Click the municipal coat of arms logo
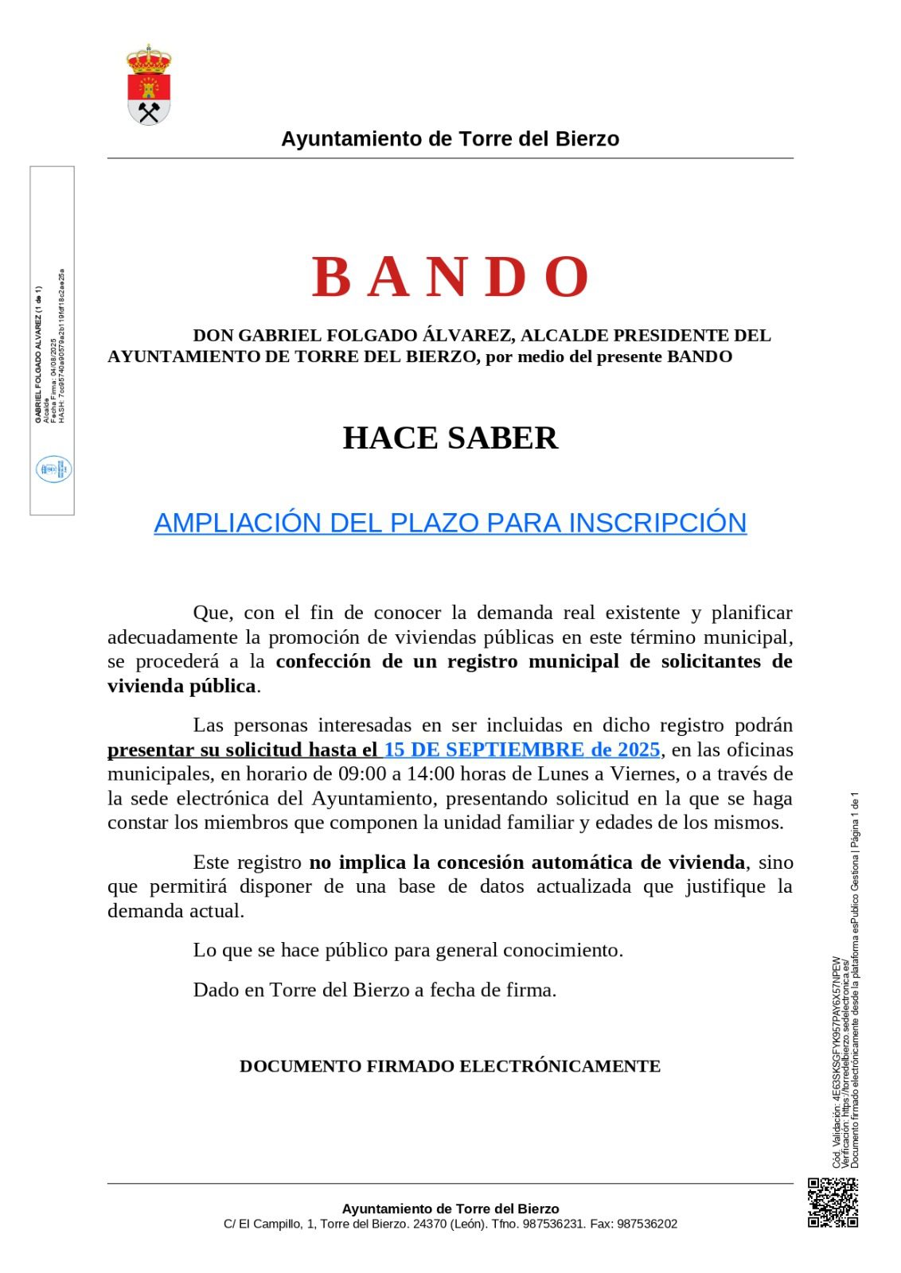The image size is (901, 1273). click(149, 86)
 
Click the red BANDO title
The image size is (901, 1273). click(450, 277)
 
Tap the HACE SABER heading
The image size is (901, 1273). click(450, 438)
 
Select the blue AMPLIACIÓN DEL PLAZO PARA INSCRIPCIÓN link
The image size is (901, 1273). click(450, 523)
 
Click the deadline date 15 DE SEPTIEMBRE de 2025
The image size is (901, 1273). click(522, 749)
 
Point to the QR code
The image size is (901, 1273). click(833, 1202)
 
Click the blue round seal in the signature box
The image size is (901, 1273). click(53, 469)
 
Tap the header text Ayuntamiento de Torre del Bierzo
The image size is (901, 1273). click(450, 139)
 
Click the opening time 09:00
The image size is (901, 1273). click(362, 774)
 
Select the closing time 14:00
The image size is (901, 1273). click(431, 774)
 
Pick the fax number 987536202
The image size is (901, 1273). click(647, 1224)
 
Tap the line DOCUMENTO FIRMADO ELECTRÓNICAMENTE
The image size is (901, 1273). click(450, 1066)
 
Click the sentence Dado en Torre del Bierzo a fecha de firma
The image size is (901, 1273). click(375, 990)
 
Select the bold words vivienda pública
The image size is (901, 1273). click(182, 686)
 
